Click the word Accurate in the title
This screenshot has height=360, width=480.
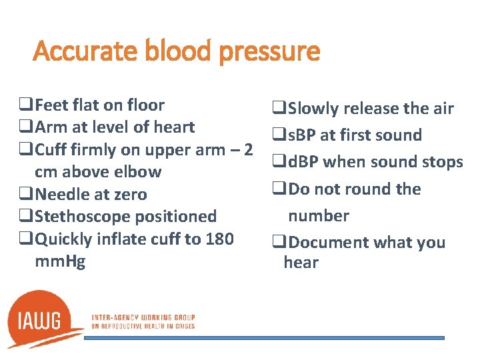[x=75, y=51]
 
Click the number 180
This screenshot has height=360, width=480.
[x=219, y=238]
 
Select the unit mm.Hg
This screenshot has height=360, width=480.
[x=60, y=261]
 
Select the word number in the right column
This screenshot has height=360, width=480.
[x=318, y=215]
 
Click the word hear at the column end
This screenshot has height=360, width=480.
[x=301, y=262]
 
